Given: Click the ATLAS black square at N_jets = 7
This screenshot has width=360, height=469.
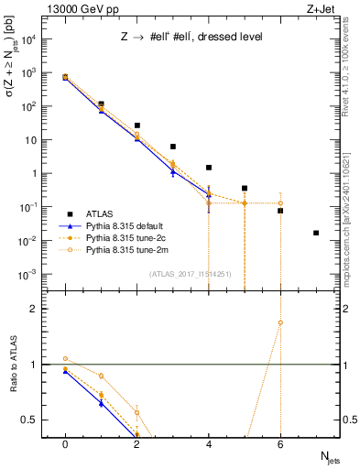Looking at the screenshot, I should [x=316, y=233].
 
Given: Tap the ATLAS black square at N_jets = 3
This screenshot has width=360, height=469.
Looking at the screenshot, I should [x=173, y=147].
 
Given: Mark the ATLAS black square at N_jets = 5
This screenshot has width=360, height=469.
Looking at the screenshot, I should [x=245, y=188].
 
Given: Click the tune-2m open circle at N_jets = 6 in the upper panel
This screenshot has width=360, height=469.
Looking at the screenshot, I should [x=280, y=203].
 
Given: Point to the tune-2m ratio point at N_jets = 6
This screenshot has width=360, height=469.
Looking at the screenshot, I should [x=280, y=322].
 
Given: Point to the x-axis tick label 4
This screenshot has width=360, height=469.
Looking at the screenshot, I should [x=209, y=443].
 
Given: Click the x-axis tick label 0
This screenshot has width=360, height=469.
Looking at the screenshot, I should [x=65, y=443].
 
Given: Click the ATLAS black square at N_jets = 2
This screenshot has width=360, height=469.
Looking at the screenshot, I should [x=137, y=125].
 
